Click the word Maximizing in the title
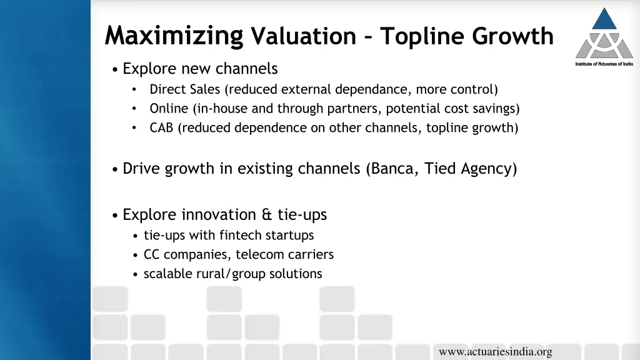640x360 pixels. coord(174,36)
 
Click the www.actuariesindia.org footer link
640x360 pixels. coord(495,352)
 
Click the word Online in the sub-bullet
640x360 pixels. coord(169,109)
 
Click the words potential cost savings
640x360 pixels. coord(451,109)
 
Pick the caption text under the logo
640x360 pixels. coord(604,64)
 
